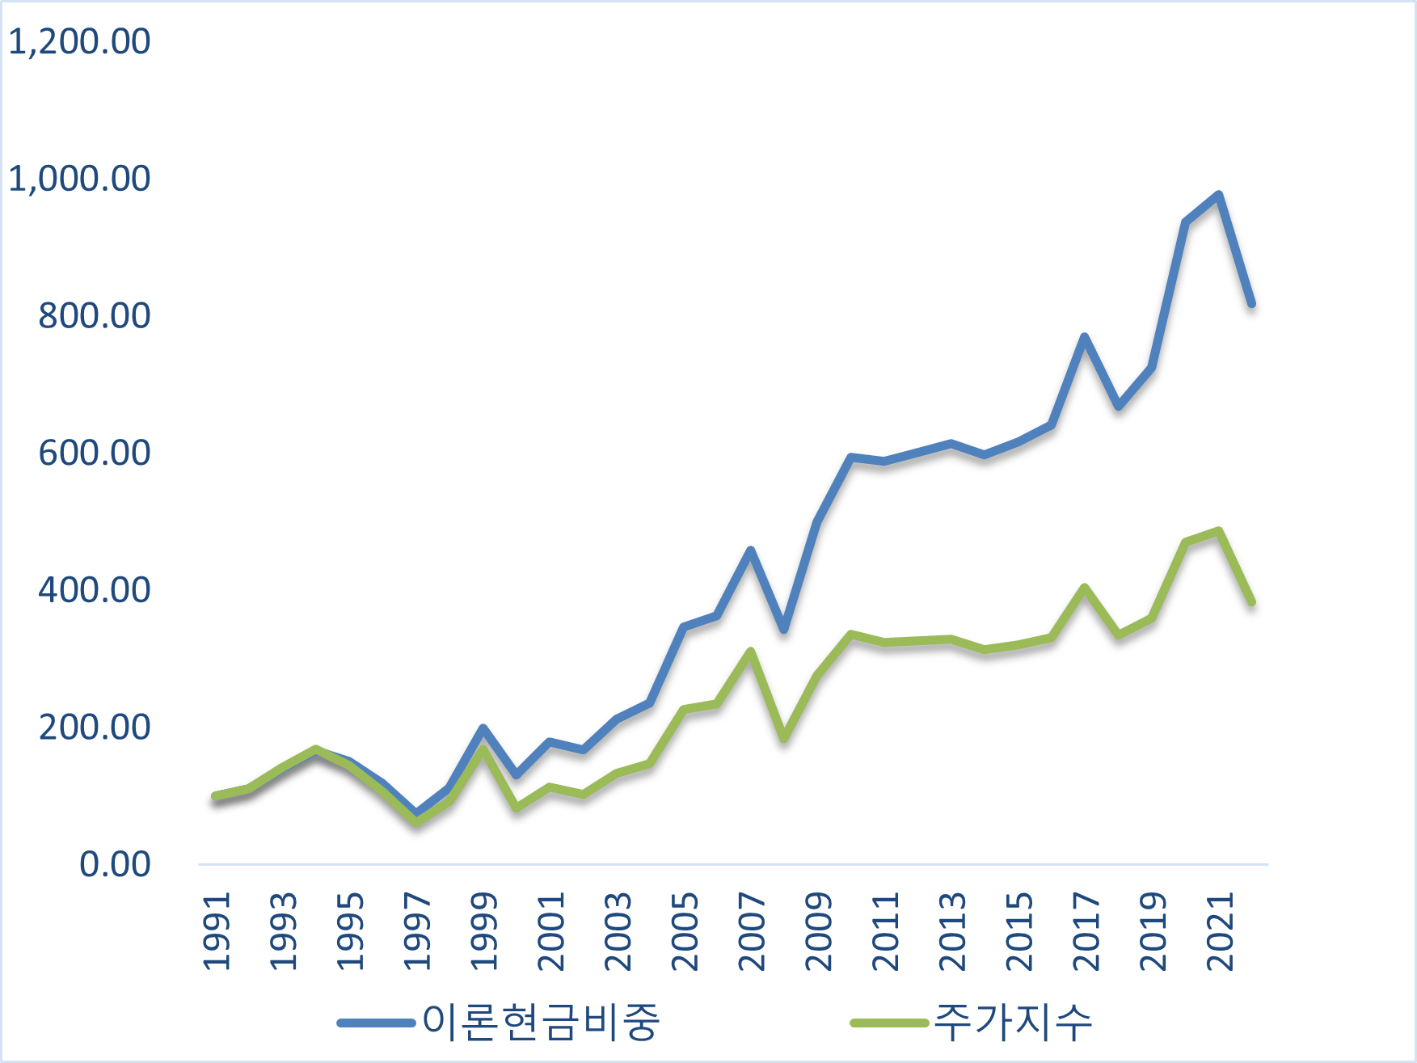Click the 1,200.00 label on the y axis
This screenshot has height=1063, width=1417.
point(79,41)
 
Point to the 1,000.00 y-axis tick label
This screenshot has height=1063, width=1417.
point(79,179)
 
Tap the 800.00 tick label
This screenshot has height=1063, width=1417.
point(94,315)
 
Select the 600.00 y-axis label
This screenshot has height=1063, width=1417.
point(94,453)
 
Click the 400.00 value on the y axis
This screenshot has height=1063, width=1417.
point(94,590)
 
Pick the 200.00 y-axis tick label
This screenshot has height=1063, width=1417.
point(94,728)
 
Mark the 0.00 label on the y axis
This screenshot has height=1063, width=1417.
point(115,864)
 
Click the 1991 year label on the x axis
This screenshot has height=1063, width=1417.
point(217,931)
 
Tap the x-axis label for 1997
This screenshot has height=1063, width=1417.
point(417,931)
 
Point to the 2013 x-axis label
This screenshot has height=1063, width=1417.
point(952,931)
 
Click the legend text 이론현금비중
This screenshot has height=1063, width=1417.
point(541,1022)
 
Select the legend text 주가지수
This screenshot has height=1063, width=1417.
point(1013,1022)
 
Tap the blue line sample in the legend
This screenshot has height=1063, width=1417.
point(377,1023)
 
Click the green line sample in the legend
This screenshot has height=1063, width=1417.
point(889,1023)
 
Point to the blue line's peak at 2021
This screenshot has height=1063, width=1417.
point(1218,195)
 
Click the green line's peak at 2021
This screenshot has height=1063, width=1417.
point(1218,531)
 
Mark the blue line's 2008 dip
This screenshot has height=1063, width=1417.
point(784,629)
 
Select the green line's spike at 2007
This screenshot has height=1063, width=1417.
point(750,652)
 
